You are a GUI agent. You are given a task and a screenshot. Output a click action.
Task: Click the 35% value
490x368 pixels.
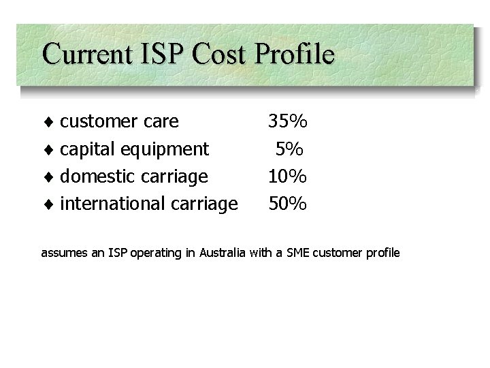click(288, 122)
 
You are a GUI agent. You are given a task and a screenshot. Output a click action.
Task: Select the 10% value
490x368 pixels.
click(288, 177)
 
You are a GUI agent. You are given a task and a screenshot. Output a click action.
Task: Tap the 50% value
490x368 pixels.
click(288, 203)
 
